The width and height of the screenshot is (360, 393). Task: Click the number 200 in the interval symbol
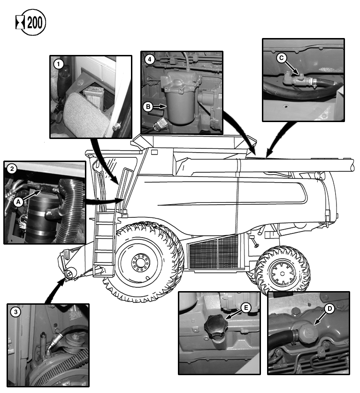(x=35, y=23)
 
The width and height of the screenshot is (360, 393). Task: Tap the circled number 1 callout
(x=59, y=64)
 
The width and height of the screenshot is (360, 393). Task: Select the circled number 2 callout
(x=12, y=169)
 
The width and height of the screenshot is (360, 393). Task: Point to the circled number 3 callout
(x=15, y=312)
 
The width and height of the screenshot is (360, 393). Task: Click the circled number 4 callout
(x=150, y=60)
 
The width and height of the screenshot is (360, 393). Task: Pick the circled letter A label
(x=18, y=202)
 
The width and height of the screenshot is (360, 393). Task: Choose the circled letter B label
(x=148, y=107)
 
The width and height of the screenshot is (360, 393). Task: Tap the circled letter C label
(x=281, y=58)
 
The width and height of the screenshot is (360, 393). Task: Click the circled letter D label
(x=329, y=308)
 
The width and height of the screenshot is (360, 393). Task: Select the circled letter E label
(x=246, y=308)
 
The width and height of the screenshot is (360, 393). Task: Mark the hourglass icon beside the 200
(x=20, y=23)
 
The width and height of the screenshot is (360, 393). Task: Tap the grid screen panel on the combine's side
(x=214, y=253)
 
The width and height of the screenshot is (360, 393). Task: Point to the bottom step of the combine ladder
(x=104, y=264)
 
